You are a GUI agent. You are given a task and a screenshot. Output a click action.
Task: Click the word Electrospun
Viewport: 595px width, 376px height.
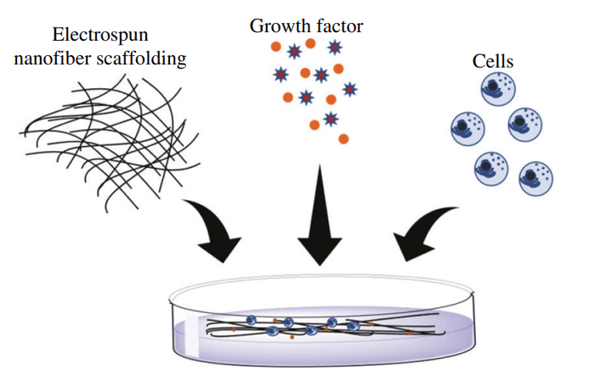[99, 36]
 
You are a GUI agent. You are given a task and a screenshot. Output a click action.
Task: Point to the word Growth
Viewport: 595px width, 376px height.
[280, 26]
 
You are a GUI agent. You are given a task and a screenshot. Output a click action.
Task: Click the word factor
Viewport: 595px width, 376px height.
[340, 26]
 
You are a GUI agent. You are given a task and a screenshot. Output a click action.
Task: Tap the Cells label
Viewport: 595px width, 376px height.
[492, 61]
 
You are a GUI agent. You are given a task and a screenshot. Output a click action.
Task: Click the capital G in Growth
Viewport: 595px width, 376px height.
[257, 26]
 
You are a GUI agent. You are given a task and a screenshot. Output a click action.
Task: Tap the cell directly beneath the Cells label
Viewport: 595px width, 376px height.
[498, 89]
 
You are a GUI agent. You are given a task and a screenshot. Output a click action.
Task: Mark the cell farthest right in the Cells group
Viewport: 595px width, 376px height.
[535, 178]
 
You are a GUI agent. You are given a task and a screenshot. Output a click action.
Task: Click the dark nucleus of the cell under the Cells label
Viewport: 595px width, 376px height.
[492, 87]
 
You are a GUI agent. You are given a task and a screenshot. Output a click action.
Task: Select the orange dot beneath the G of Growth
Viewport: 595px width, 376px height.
[276, 47]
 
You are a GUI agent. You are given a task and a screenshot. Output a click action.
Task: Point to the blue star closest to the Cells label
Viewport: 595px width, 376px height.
[350, 90]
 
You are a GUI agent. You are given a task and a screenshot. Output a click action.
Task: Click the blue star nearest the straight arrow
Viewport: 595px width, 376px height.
[331, 119]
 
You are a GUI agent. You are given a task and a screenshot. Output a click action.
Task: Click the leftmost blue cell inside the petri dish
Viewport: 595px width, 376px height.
[251, 320]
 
